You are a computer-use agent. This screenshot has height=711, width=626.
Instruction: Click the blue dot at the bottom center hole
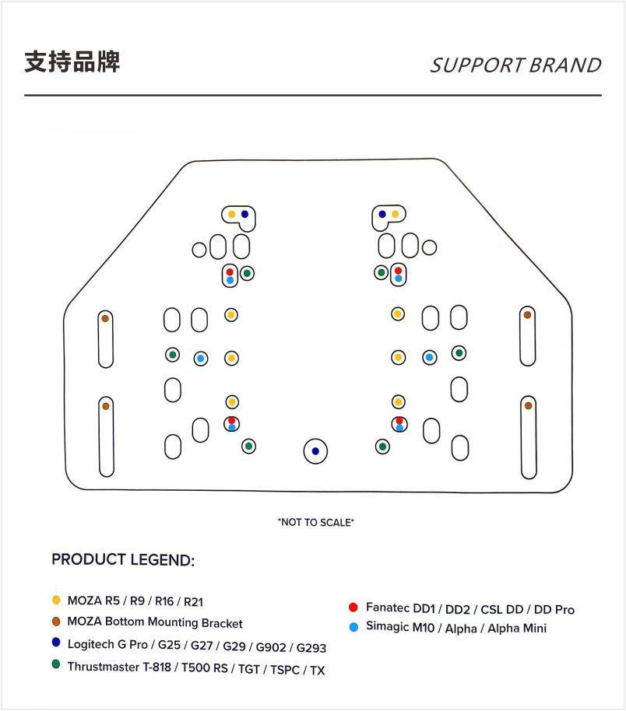315,451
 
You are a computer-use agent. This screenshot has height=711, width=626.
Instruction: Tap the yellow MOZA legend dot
55,601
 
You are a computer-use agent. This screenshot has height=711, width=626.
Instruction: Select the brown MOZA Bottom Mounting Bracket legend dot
55,622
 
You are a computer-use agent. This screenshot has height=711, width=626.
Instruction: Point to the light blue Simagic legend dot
353,627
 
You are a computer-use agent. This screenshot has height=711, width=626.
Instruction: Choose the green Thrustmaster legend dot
55,665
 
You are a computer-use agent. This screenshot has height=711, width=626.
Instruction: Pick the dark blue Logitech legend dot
55,643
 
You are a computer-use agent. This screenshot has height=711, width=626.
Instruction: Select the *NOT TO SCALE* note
315,522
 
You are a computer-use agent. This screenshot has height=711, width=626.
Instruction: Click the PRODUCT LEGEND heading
123,560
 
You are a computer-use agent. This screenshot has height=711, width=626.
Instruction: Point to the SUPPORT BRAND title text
515,65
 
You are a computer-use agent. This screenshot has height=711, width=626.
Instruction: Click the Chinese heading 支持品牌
72,62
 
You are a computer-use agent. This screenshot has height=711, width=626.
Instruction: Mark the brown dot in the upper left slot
105,318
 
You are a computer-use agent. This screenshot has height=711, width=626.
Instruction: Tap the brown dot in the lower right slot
528,406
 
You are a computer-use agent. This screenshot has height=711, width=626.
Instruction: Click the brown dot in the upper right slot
527,315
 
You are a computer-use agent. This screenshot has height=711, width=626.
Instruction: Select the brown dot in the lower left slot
105,406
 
